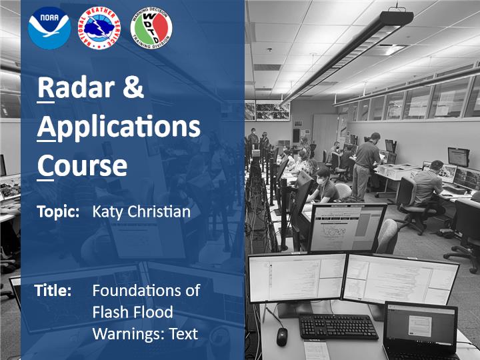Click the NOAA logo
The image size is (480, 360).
pyautogui.click(x=49, y=28)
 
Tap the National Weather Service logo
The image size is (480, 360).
pyautogui.click(x=99, y=28)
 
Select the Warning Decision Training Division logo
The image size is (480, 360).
pyautogui.click(x=151, y=28)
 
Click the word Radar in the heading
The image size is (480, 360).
pyautogui.click(x=75, y=88)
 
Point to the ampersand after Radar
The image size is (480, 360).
pyautogui.click(x=133, y=87)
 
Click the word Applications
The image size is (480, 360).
pyautogui.click(x=119, y=127)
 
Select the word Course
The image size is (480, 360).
pyautogui.click(x=82, y=165)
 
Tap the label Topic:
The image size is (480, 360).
pyautogui.click(x=58, y=212)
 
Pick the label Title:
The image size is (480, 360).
pyautogui.click(x=53, y=290)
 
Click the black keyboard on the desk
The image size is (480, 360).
pyautogui.click(x=338, y=326)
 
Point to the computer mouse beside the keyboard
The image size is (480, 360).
pyautogui.click(x=282, y=337)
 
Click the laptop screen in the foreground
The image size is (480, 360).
pyautogui.click(x=421, y=327)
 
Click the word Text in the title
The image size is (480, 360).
pyautogui.click(x=184, y=334)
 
